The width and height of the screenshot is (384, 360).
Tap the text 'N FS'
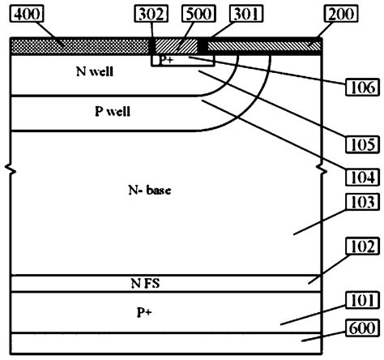pyautogui.click(x=148, y=283)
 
